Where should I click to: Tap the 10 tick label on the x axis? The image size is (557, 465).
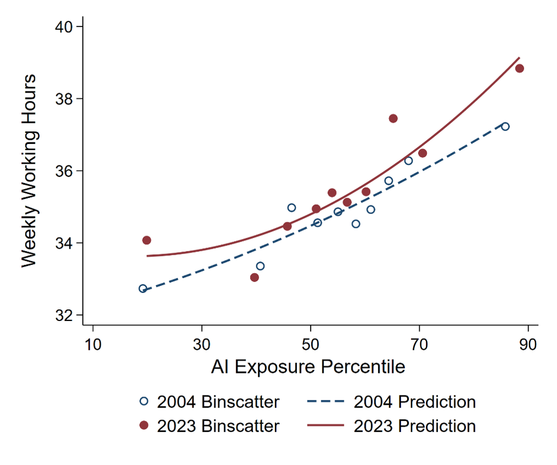[93, 345]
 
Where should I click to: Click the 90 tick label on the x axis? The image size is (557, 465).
[528, 345]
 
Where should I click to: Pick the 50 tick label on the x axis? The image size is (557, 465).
[311, 345]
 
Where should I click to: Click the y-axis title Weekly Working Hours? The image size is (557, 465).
[29, 170]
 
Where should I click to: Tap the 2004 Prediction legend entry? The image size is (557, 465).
[391, 402]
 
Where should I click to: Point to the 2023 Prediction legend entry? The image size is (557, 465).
[391, 426]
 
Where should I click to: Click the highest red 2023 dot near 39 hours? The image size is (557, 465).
[519, 68]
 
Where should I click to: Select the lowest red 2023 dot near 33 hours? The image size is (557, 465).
[255, 277]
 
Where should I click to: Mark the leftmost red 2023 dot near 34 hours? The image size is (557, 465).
[147, 240]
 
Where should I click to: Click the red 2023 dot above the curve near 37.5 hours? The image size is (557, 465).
[393, 118]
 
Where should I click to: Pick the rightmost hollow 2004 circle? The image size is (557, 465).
[505, 126]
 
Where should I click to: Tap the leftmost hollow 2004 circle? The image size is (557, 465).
[143, 288]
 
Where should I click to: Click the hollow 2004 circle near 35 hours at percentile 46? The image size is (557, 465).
[291, 207]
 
